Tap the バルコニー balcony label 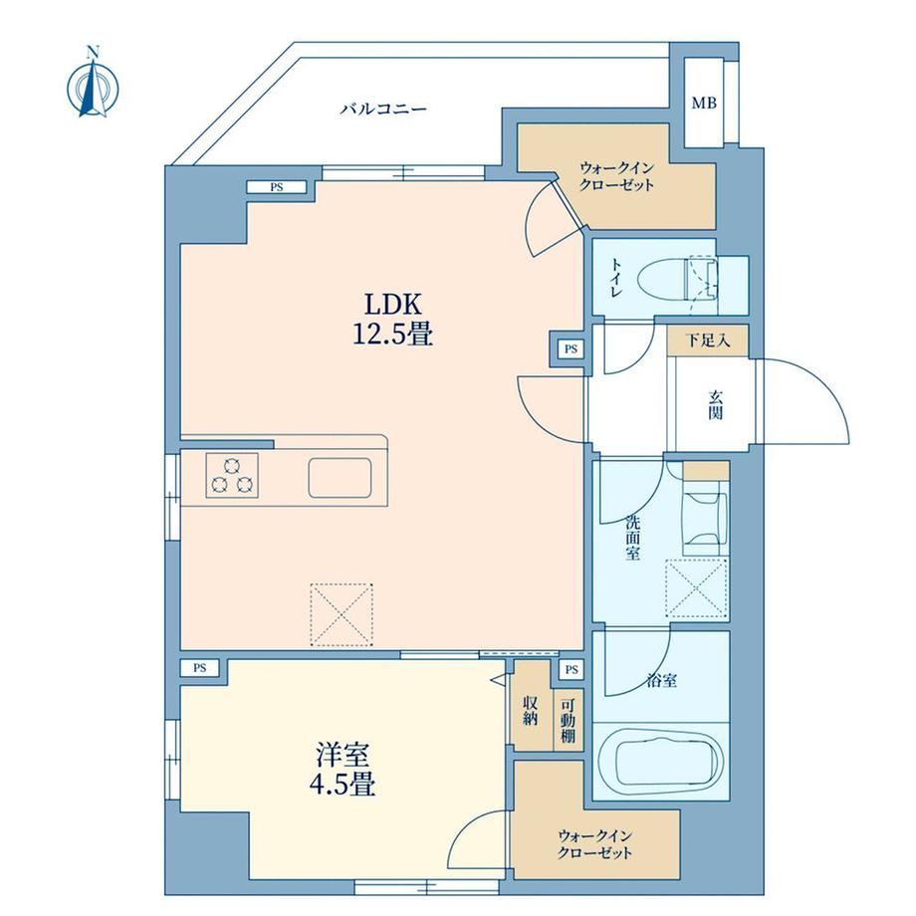(383, 109)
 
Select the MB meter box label (704, 104)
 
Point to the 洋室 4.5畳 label (343, 769)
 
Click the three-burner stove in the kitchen (232, 476)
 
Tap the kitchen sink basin (340, 477)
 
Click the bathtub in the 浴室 (661, 761)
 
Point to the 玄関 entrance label (716, 405)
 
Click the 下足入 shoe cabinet (708, 341)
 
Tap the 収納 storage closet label (530, 711)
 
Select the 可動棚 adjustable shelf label (568, 721)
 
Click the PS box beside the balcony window (277, 187)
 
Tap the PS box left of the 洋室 (200, 668)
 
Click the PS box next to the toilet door (571, 349)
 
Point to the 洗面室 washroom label (632, 538)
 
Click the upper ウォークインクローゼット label (617, 177)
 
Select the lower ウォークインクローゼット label (594, 844)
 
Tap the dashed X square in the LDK (342, 614)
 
